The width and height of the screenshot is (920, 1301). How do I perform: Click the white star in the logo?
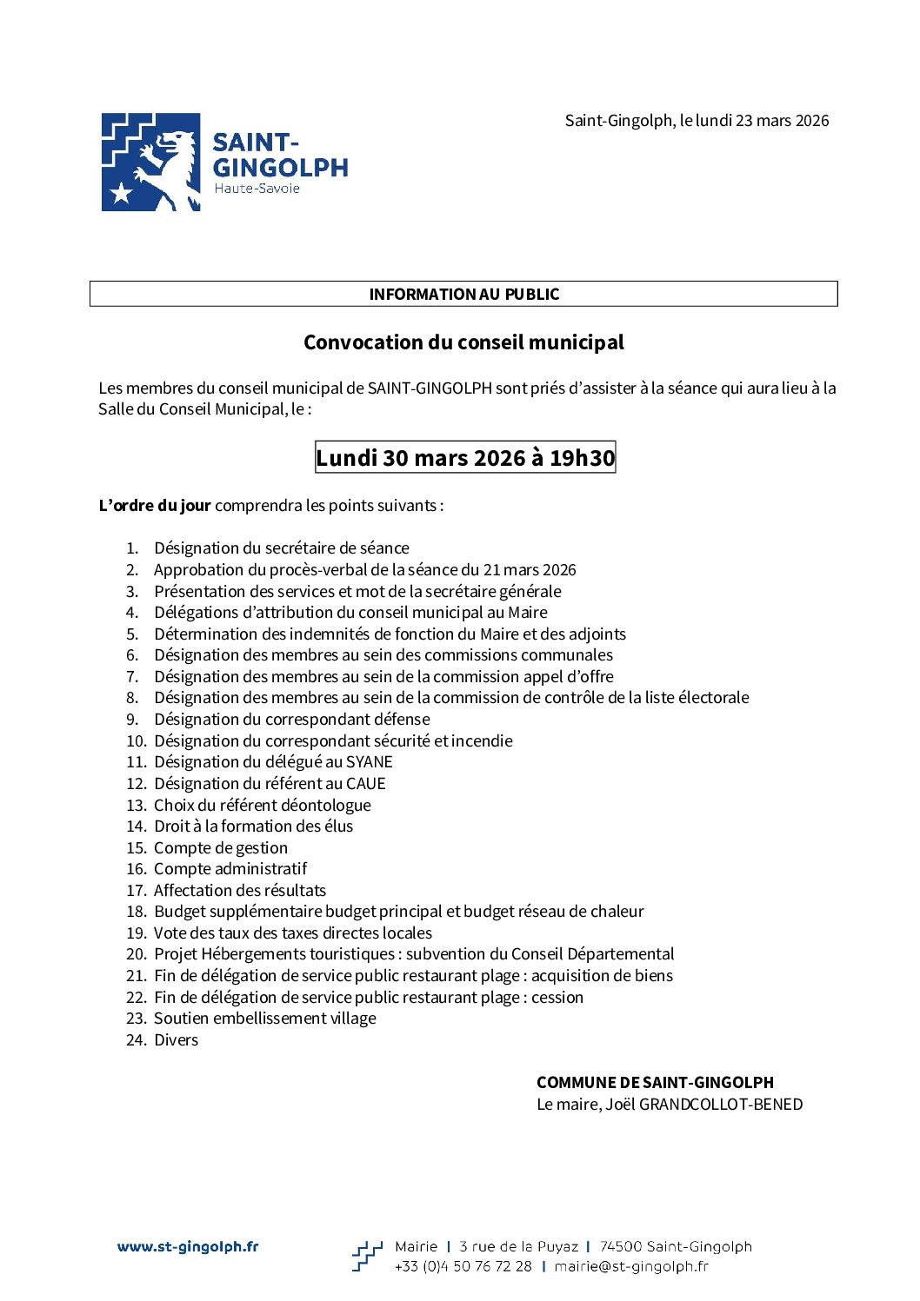tap(122, 193)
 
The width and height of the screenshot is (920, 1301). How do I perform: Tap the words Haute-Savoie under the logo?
tap(257, 189)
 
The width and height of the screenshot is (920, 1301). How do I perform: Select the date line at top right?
tap(697, 121)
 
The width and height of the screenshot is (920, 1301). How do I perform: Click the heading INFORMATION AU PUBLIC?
tap(463, 294)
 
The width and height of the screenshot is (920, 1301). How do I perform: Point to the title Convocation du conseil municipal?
tap(463, 342)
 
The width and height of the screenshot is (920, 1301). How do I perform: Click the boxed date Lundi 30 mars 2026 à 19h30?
tap(465, 458)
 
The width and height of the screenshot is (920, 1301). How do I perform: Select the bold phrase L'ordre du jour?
tap(155, 506)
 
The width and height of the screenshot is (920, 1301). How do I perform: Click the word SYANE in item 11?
tap(370, 762)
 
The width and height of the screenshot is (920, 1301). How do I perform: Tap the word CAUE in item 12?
tap(365, 784)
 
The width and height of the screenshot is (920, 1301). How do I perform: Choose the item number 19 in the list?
tap(136, 933)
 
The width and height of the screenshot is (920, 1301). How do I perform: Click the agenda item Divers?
tap(176, 1040)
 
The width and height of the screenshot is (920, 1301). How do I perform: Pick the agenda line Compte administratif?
tap(230, 869)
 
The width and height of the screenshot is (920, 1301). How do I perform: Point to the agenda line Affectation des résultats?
tap(240, 891)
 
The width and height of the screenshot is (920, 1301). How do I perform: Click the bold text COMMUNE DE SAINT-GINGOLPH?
tap(655, 1083)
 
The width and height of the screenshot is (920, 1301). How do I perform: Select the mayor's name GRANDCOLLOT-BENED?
tap(721, 1105)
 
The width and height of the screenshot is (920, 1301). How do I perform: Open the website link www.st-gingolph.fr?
tap(188, 1247)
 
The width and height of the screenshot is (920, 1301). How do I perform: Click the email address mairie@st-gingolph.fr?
tap(631, 1267)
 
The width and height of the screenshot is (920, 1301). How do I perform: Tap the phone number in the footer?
tap(463, 1267)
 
